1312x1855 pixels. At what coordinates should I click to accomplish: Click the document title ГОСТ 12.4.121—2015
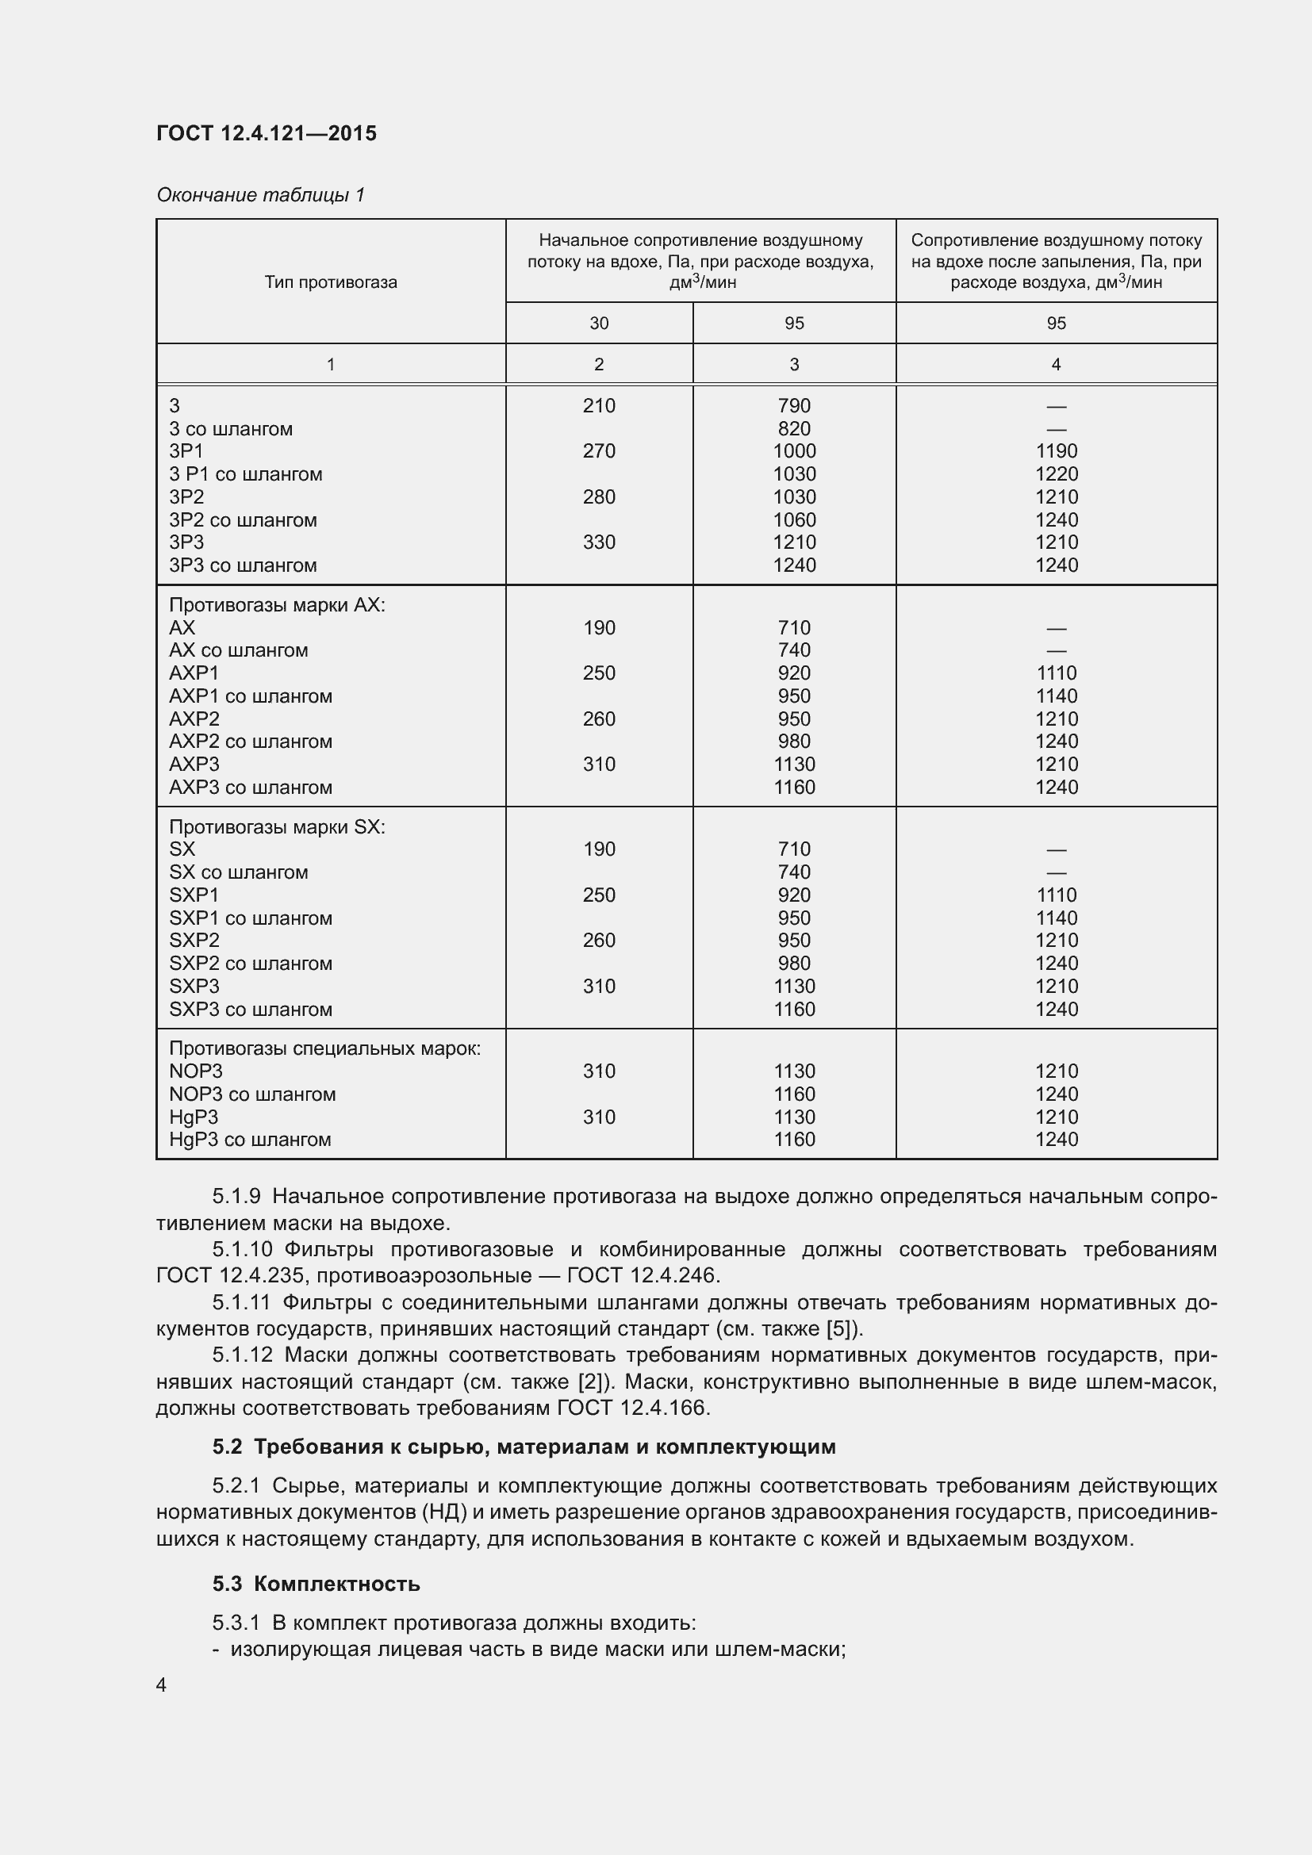[266, 133]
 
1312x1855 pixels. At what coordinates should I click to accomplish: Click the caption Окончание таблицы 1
[260, 195]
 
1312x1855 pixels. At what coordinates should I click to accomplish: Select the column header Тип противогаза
[331, 282]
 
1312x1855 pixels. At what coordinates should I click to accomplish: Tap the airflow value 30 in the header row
[599, 323]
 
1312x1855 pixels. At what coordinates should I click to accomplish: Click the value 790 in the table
[793, 405]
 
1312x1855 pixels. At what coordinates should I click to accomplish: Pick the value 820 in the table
[793, 429]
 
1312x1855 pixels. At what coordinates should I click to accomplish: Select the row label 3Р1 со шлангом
[245, 474]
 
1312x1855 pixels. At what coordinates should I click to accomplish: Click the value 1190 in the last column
[1056, 450]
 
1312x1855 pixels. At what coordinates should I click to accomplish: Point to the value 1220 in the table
[1056, 474]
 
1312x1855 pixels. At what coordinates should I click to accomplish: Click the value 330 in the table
[599, 542]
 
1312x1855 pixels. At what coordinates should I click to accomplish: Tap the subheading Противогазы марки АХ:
[276, 605]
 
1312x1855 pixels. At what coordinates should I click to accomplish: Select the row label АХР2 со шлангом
[251, 741]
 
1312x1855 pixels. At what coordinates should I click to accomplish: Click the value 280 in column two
[599, 497]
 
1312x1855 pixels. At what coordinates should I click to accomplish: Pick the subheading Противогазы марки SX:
[276, 826]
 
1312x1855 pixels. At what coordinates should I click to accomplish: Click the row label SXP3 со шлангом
[251, 1009]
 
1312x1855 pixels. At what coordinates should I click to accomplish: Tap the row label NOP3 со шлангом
[252, 1094]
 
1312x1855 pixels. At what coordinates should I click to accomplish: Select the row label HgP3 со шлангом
[250, 1139]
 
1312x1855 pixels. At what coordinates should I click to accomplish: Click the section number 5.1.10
[243, 1249]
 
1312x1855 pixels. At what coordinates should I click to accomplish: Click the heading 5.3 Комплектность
[316, 1584]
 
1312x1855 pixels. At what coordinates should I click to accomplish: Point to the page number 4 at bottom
[162, 1684]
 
